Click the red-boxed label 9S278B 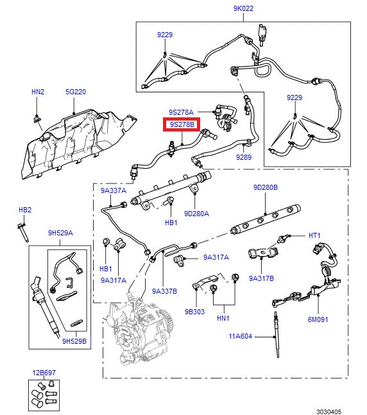click(182, 124)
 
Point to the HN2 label click(38, 92)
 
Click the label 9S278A click(181, 112)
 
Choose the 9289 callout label click(243, 157)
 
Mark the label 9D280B click(265, 188)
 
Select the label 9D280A click(197, 213)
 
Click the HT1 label click(314, 235)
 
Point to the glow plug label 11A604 click(240, 336)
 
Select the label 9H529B click(74, 341)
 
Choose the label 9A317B click(261, 278)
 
